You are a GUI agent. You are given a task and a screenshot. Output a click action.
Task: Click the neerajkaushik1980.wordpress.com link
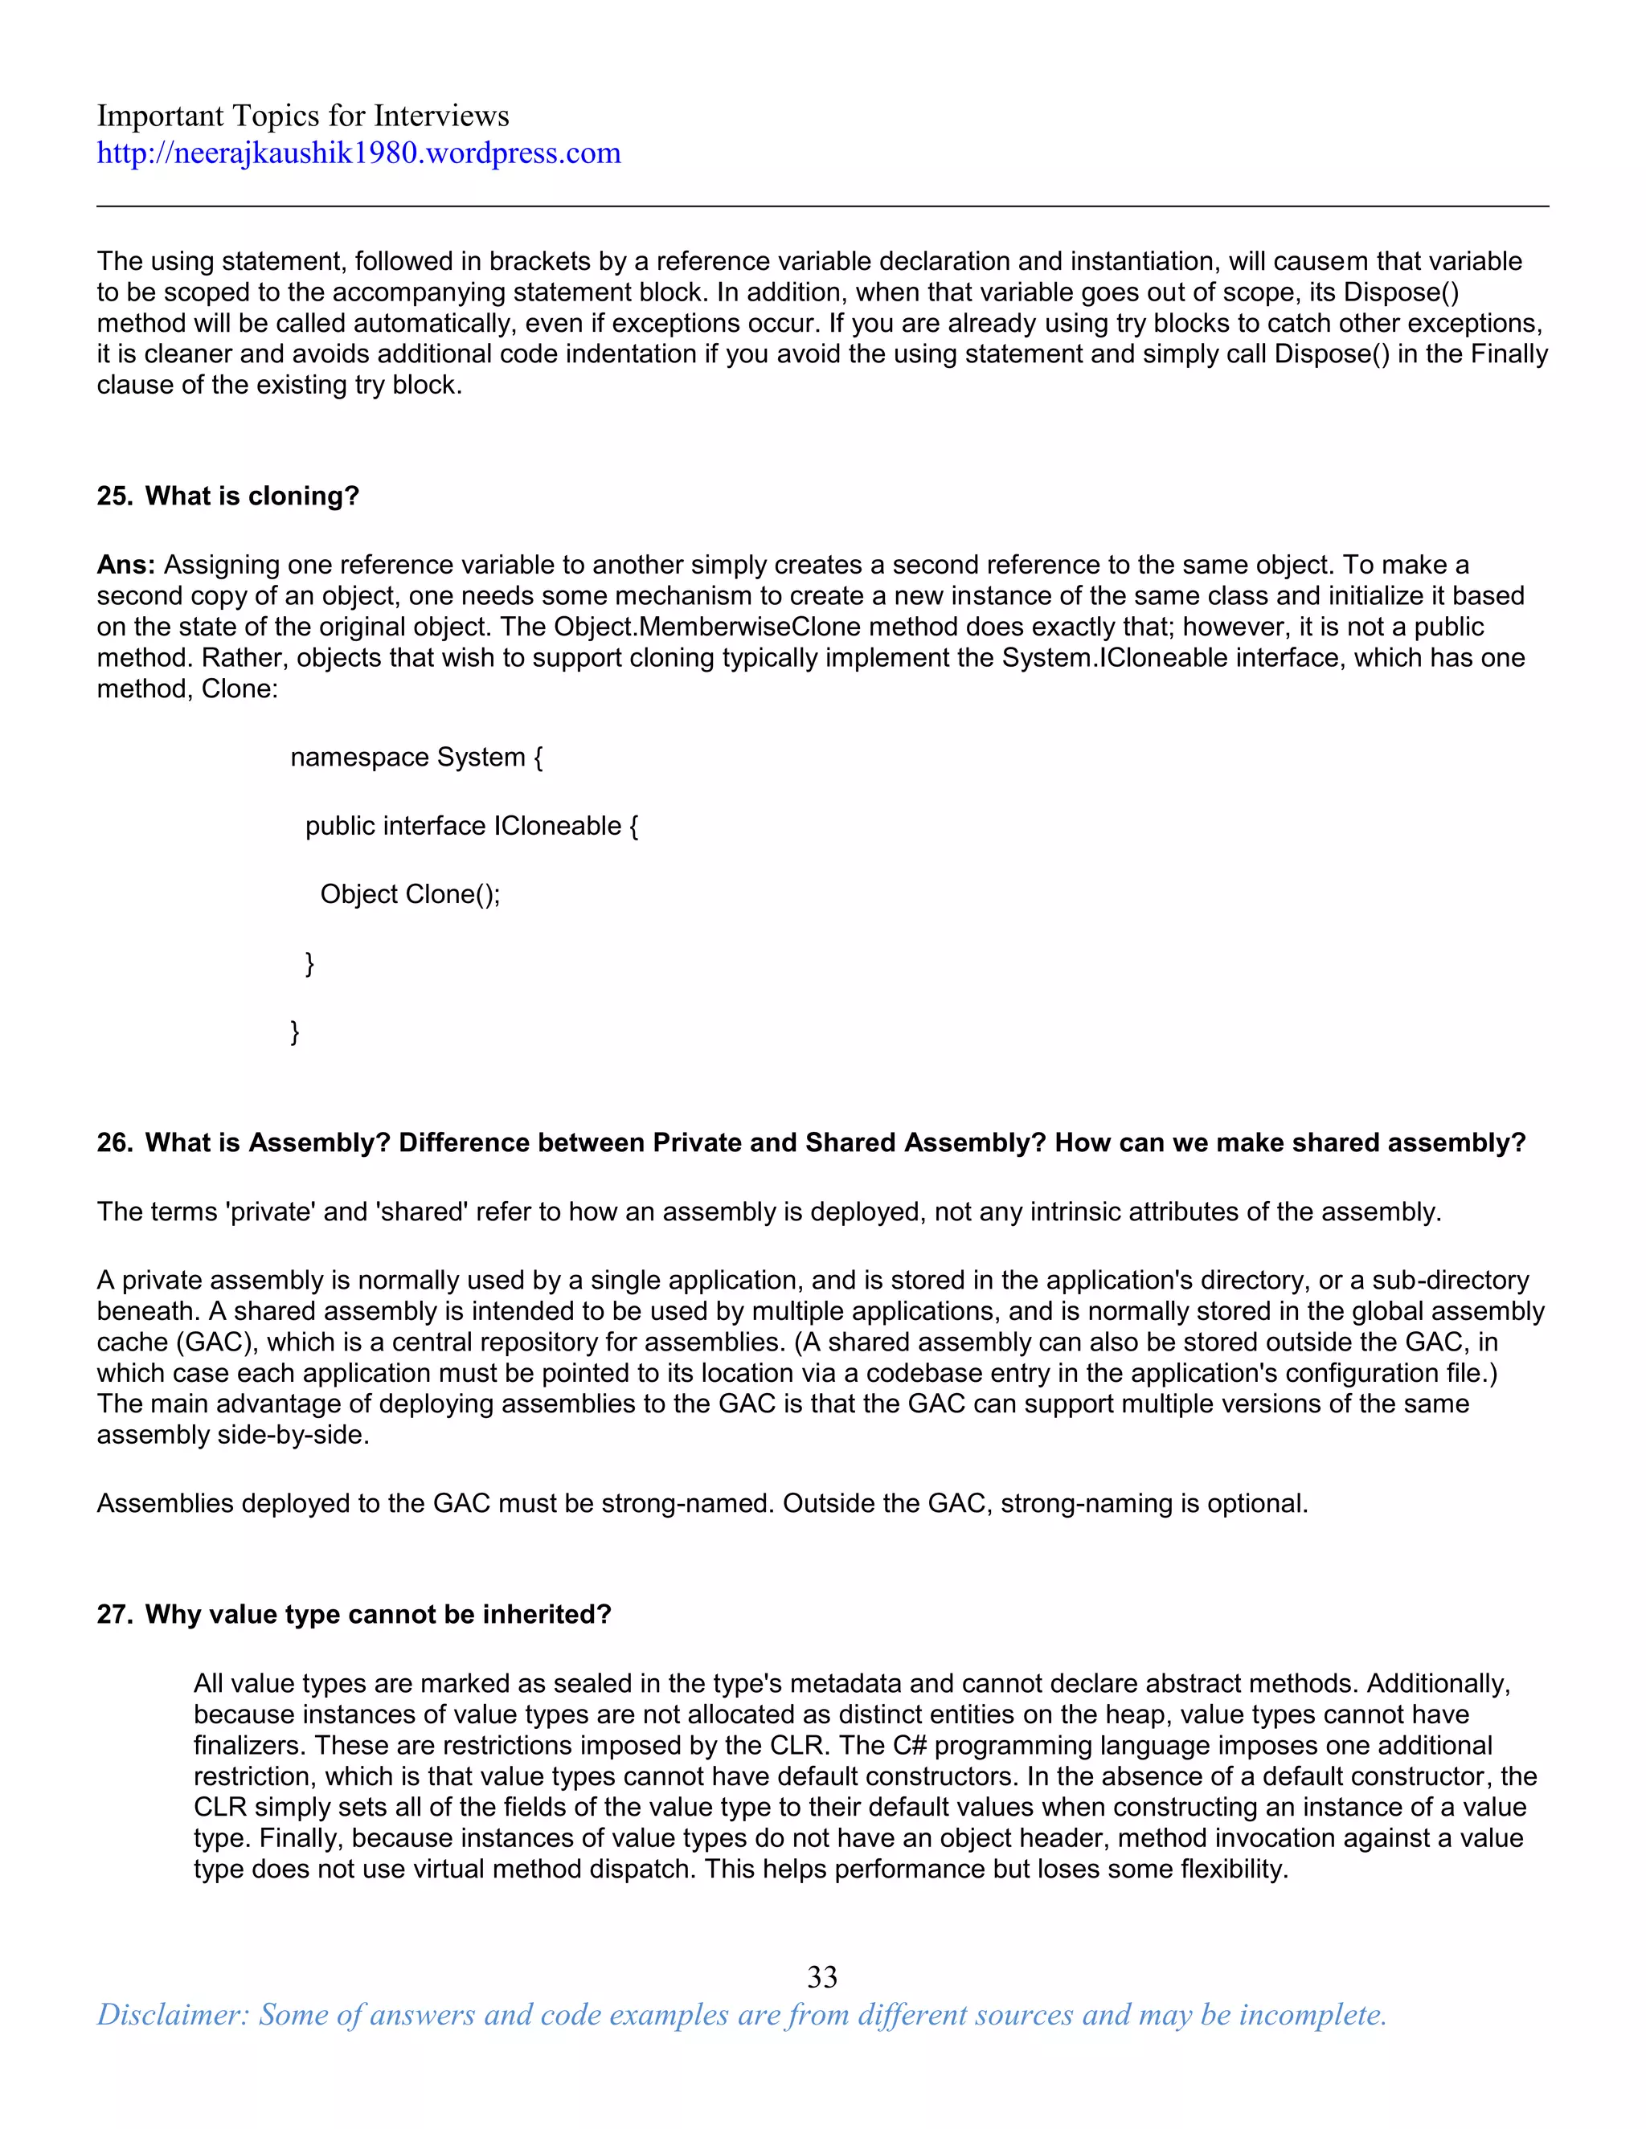[358, 153]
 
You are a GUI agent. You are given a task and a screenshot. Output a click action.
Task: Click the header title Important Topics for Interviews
[302, 116]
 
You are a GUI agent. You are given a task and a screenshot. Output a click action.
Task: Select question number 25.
[114, 496]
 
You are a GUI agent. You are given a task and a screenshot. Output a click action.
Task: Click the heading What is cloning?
[252, 496]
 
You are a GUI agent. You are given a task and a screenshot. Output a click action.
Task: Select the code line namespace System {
[416, 758]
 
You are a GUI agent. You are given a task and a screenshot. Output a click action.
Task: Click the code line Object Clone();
[410, 894]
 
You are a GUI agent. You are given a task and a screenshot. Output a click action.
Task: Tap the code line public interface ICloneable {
[472, 826]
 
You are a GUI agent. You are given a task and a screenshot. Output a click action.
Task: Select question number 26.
[114, 1142]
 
